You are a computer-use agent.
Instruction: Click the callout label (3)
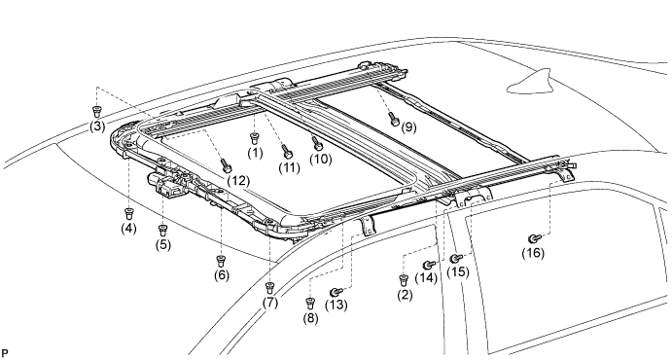tap(96, 127)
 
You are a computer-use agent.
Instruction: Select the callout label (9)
tap(408, 126)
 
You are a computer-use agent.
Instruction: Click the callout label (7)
tap(269, 303)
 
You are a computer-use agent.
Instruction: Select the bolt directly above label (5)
tap(162, 230)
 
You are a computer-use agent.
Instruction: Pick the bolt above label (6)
tap(221, 260)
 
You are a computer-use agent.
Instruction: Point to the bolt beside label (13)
tap(336, 292)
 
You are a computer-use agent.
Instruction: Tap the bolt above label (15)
tap(455, 258)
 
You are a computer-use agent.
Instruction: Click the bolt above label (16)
tap(533, 237)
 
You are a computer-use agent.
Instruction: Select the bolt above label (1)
tap(254, 137)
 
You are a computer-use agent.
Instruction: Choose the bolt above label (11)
tap(287, 151)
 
